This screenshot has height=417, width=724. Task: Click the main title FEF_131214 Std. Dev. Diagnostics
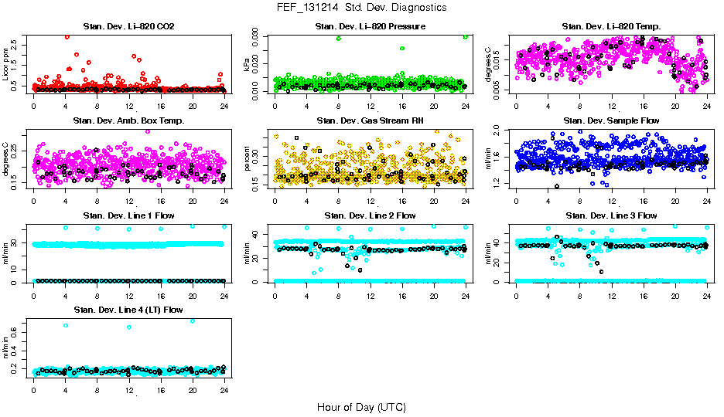[361, 8]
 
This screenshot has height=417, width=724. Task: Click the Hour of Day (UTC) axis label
[361, 406]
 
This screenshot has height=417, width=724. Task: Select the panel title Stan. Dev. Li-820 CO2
[128, 27]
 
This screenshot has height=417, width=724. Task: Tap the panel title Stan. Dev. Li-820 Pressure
[370, 27]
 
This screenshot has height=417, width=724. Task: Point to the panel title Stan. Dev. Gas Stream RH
[370, 121]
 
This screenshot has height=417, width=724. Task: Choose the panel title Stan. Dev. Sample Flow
[611, 121]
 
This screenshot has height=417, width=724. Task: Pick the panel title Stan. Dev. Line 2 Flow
[370, 215]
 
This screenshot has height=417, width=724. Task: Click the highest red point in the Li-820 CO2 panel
[67, 36]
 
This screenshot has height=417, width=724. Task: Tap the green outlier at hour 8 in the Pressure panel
[339, 39]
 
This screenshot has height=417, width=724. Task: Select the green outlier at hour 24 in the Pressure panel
[466, 36]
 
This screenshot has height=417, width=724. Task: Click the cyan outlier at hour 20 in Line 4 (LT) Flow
[193, 320]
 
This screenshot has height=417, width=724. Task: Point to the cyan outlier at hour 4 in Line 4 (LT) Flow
[66, 325]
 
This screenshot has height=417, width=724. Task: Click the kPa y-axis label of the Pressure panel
[248, 65]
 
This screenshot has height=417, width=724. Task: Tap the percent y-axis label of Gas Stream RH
[248, 159]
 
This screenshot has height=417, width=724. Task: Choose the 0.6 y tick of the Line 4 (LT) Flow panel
[15, 334]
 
